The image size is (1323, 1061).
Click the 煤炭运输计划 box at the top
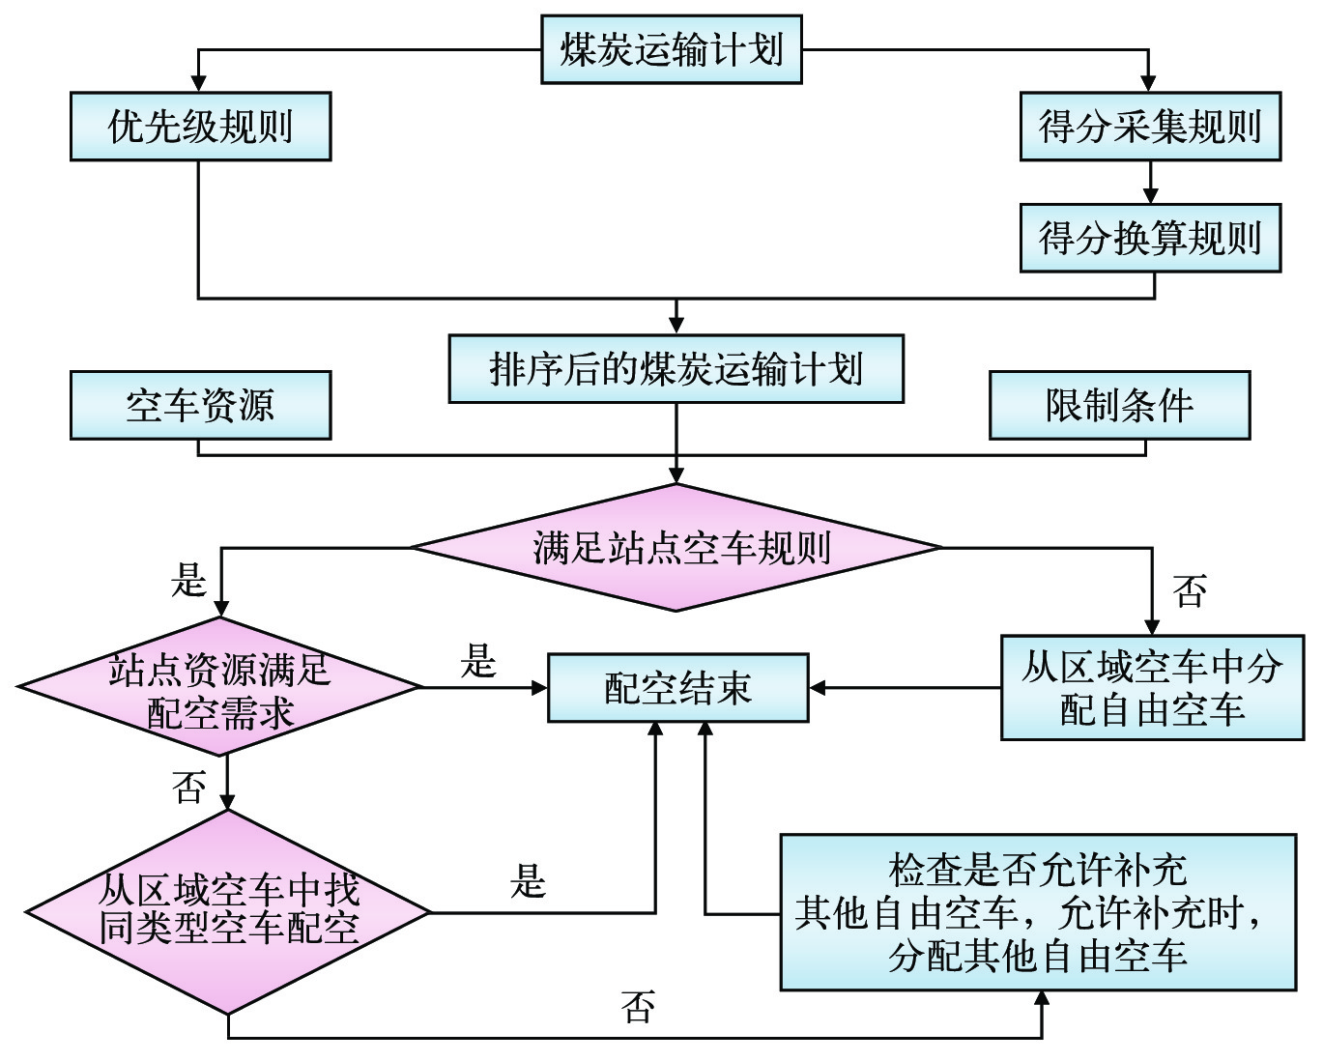pyautogui.click(x=671, y=49)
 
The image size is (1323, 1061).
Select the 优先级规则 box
pyautogui.click(x=200, y=127)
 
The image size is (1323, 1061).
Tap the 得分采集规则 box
pyautogui.click(x=1150, y=127)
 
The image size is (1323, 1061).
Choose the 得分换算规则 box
pyautogui.click(x=1150, y=238)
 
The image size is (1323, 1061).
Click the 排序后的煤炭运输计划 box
pyautogui.click(x=676, y=369)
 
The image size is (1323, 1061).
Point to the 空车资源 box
pyautogui.click(x=200, y=405)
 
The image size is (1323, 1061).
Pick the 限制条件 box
pyautogui.click(x=1119, y=405)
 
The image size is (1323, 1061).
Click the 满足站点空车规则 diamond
pyautogui.click(x=676, y=548)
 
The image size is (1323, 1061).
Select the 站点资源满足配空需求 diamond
pyautogui.click(x=220, y=689)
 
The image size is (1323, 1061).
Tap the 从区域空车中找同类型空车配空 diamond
pyautogui.click(x=228, y=911)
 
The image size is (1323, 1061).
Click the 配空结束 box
pyautogui.click(x=677, y=688)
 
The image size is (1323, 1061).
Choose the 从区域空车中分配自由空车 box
pyautogui.click(x=1152, y=688)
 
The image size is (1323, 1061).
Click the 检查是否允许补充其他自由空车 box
pyautogui.click(x=1038, y=912)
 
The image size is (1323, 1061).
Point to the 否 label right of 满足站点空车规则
pyautogui.click(x=1190, y=590)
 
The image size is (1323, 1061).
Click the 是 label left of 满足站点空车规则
pyautogui.click(x=189, y=581)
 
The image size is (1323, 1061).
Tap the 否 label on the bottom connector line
pyautogui.click(x=638, y=1007)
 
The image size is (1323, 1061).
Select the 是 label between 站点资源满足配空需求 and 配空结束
pyautogui.click(x=477, y=662)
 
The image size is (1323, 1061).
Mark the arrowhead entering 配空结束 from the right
pyautogui.click(x=818, y=688)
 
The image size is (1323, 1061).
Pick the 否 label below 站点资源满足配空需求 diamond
pyautogui.click(x=189, y=788)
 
